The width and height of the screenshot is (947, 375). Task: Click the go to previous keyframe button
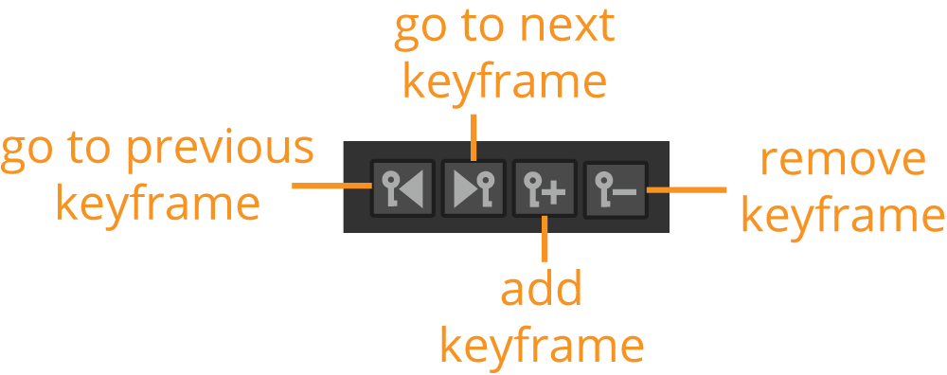(402, 189)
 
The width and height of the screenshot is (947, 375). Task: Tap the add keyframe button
(545, 189)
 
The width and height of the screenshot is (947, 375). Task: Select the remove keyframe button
(616, 189)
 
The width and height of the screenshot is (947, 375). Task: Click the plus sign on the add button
(554, 193)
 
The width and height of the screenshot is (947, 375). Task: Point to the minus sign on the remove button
(624, 192)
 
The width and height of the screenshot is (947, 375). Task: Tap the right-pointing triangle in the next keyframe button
(464, 189)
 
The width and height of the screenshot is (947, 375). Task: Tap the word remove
(843, 159)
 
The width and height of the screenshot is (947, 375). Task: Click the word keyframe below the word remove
(843, 214)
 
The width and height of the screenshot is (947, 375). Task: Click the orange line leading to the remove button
(687, 189)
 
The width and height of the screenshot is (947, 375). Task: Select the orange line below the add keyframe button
(545, 239)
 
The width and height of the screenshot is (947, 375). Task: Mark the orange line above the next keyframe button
(474, 137)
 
